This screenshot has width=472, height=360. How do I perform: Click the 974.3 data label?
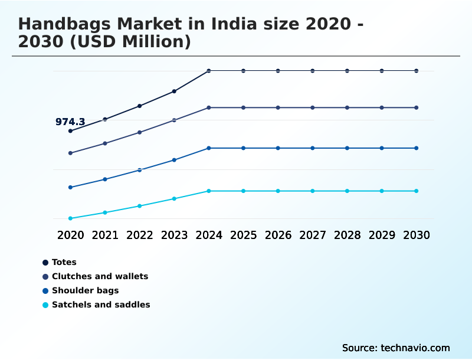click(x=70, y=122)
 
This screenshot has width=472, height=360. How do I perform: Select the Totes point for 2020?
click(x=70, y=131)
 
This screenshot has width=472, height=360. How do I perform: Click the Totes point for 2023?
click(x=174, y=91)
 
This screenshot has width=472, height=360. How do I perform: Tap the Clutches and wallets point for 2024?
click(x=209, y=108)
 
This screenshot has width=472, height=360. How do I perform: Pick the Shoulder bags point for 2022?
click(x=140, y=170)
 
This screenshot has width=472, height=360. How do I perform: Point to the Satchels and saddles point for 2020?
click(x=70, y=218)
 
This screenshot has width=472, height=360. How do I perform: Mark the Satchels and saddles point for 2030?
click(x=417, y=191)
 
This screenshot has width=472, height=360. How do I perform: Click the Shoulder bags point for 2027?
click(x=313, y=148)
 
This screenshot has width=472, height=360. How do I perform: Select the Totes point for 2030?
click(x=417, y=71)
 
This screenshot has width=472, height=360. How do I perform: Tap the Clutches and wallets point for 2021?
click(x=105, y=143)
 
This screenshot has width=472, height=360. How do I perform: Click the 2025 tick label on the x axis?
click(x=244, y=235)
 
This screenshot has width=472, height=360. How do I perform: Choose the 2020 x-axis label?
click(x=70, y=235)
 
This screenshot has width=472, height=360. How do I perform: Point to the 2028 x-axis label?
click(x=348, y=235)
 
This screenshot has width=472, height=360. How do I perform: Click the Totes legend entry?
click(x=64, y=263)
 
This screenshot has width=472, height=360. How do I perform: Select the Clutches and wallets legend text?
click(x=100, y=277)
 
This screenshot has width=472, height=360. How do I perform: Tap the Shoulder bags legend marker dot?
click(x=45, y=291)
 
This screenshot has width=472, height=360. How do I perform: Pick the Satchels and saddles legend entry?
click(x=100, y=305)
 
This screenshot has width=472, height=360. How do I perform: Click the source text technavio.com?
click(x=415, y=348)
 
